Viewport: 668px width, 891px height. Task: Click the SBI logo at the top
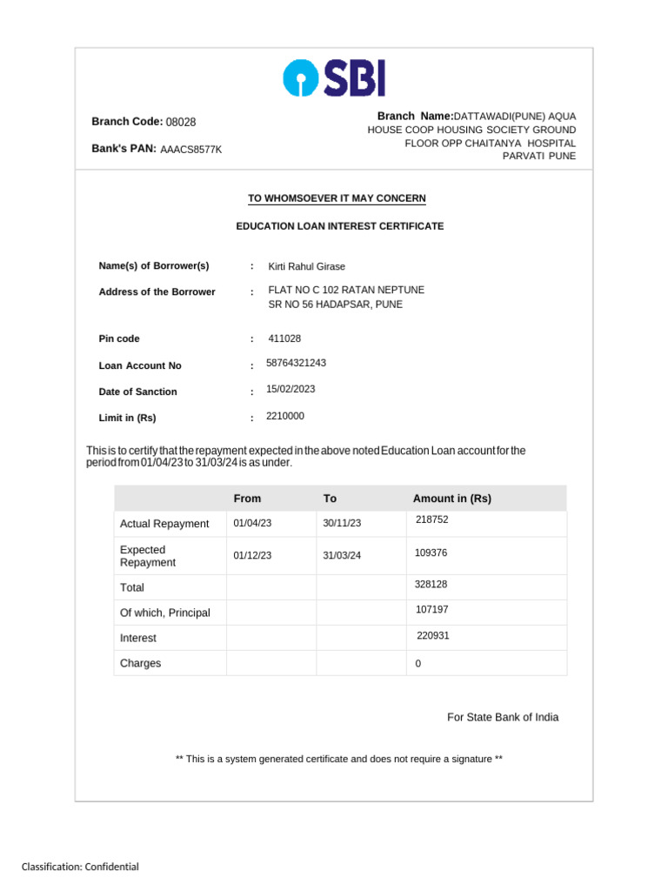[x=334, y=78]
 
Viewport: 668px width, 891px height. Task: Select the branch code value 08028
[x=181, y=123]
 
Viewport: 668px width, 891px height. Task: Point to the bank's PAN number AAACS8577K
[x=191, y=150]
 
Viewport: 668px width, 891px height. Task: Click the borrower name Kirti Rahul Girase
[x=306, y=267]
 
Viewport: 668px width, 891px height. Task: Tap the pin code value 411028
[x=284, y=338]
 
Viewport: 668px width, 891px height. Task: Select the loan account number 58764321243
[x=296, y=363]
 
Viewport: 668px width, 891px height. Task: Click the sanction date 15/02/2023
[x=291, y=389]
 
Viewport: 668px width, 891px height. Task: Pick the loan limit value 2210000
[x=285, y=416]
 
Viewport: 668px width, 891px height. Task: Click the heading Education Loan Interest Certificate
[x=340, y=226]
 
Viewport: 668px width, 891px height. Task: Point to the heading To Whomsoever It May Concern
[x=337, y=198]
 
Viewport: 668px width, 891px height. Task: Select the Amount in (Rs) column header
[x=452, y=499]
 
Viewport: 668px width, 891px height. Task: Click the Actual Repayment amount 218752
[x=432, y=519]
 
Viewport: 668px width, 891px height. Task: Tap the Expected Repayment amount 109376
[x=431, y=553]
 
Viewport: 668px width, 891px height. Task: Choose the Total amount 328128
[x=431, y=585]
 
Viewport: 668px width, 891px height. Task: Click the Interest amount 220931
[x=433, y=636]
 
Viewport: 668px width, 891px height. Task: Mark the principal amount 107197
[x=432, y=610]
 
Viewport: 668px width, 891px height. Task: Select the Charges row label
[x=140, y=663]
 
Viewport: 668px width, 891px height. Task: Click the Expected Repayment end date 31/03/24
[x=342, y=556]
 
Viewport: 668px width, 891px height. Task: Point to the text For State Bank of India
[x=503, y=718]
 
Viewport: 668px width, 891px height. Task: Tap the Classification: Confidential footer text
[x=80, y=867]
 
